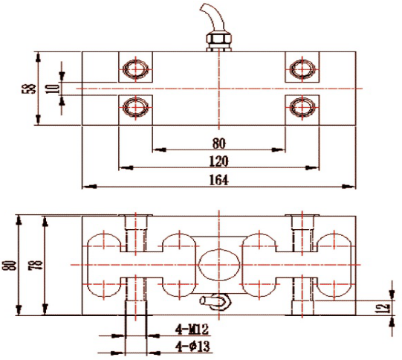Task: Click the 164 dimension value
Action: click(x=219, y=179)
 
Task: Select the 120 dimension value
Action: click(x=219, y=161)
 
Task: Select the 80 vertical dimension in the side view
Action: click(x=10, y=264)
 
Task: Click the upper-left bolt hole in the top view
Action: click(x=136, y=68)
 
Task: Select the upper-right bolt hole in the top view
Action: click(x=302, y=68)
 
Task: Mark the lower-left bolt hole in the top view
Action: click(x=136, y=107)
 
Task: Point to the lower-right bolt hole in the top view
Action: click(x=302, y=107)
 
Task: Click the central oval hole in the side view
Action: click(x=218, y=264)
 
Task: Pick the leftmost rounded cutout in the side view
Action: click(x=103, y=264)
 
